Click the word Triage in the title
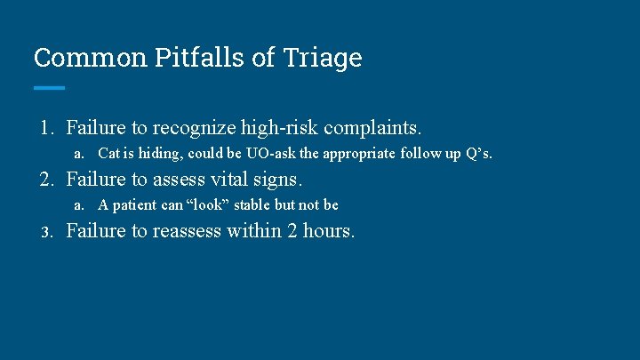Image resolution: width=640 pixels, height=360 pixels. coord(324,58)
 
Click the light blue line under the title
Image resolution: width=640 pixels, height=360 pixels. coord(49,87)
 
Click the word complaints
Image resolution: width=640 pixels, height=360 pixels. coord(372,128)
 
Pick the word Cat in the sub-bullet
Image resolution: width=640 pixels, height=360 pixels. coord(108,154)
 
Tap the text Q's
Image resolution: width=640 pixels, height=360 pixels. coord(477,154)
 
